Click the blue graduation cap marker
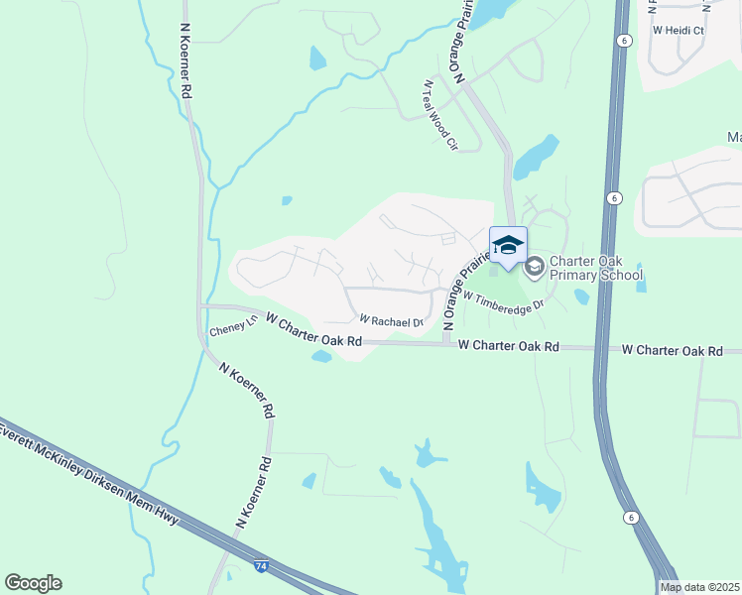[508, 245]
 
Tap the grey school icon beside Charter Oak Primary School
[535, 266]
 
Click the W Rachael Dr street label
[391, 321]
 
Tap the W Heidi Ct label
[678, 31]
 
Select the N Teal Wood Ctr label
[441, 115]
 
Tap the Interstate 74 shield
[261, 566]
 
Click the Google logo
[33, 583]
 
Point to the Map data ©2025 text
[700, 587]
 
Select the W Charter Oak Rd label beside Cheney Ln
[312, 332]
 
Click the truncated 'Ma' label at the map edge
[734, 137]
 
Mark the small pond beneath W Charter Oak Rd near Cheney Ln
[321, 356]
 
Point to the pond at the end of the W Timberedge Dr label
[581, 296]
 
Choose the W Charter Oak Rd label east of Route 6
[680, 350]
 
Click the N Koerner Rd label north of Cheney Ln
[185, 61]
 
